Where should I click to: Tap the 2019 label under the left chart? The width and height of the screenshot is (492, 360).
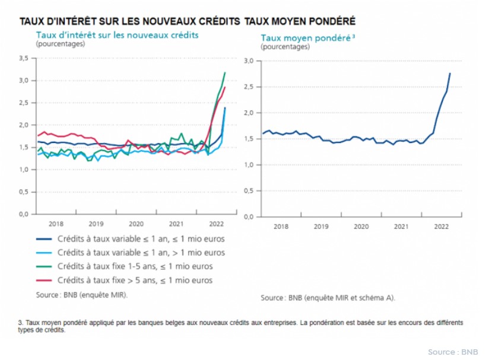point(96,224)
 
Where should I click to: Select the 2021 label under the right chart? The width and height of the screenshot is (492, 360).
point(401,227)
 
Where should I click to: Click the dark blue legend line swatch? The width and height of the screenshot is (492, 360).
point(43,239)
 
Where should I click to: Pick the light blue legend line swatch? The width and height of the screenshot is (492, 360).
point(43,253)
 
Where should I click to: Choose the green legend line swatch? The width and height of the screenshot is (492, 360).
point(43,266)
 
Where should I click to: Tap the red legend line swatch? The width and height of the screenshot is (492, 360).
point(43,280)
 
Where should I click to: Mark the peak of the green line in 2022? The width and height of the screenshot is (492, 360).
point(225,72)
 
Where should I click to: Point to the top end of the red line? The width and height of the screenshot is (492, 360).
point(225,88)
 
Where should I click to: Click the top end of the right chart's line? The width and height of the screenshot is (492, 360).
point(450,73)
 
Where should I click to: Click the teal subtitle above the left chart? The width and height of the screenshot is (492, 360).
point(117,35)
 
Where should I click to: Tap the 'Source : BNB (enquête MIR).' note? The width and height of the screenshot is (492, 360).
point(82,294)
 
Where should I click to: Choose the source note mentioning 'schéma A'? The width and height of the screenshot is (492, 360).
point(328,298)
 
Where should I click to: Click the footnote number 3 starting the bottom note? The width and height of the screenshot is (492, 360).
point(20,323)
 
